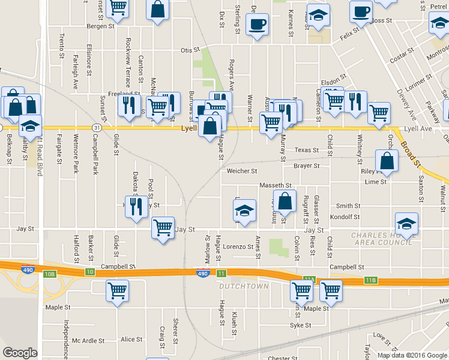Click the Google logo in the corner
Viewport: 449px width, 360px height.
[x=20, y=353]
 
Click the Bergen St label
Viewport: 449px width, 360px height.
[x=100, y=26]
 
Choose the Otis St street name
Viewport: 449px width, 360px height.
[x=190, y=50]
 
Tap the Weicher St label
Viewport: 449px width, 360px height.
[x=241, y=171]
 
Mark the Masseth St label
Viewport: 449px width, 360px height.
[x=275, y=185]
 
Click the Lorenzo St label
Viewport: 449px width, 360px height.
[x=238, y=247]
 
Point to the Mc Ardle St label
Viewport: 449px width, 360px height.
[x=88, y=340]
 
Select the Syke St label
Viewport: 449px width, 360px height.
[x=300, y=325]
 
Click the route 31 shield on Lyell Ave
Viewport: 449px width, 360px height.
[x=97, y=128]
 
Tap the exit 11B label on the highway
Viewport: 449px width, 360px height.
[x=370, y=280]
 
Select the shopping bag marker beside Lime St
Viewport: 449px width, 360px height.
[x=387, y=161]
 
